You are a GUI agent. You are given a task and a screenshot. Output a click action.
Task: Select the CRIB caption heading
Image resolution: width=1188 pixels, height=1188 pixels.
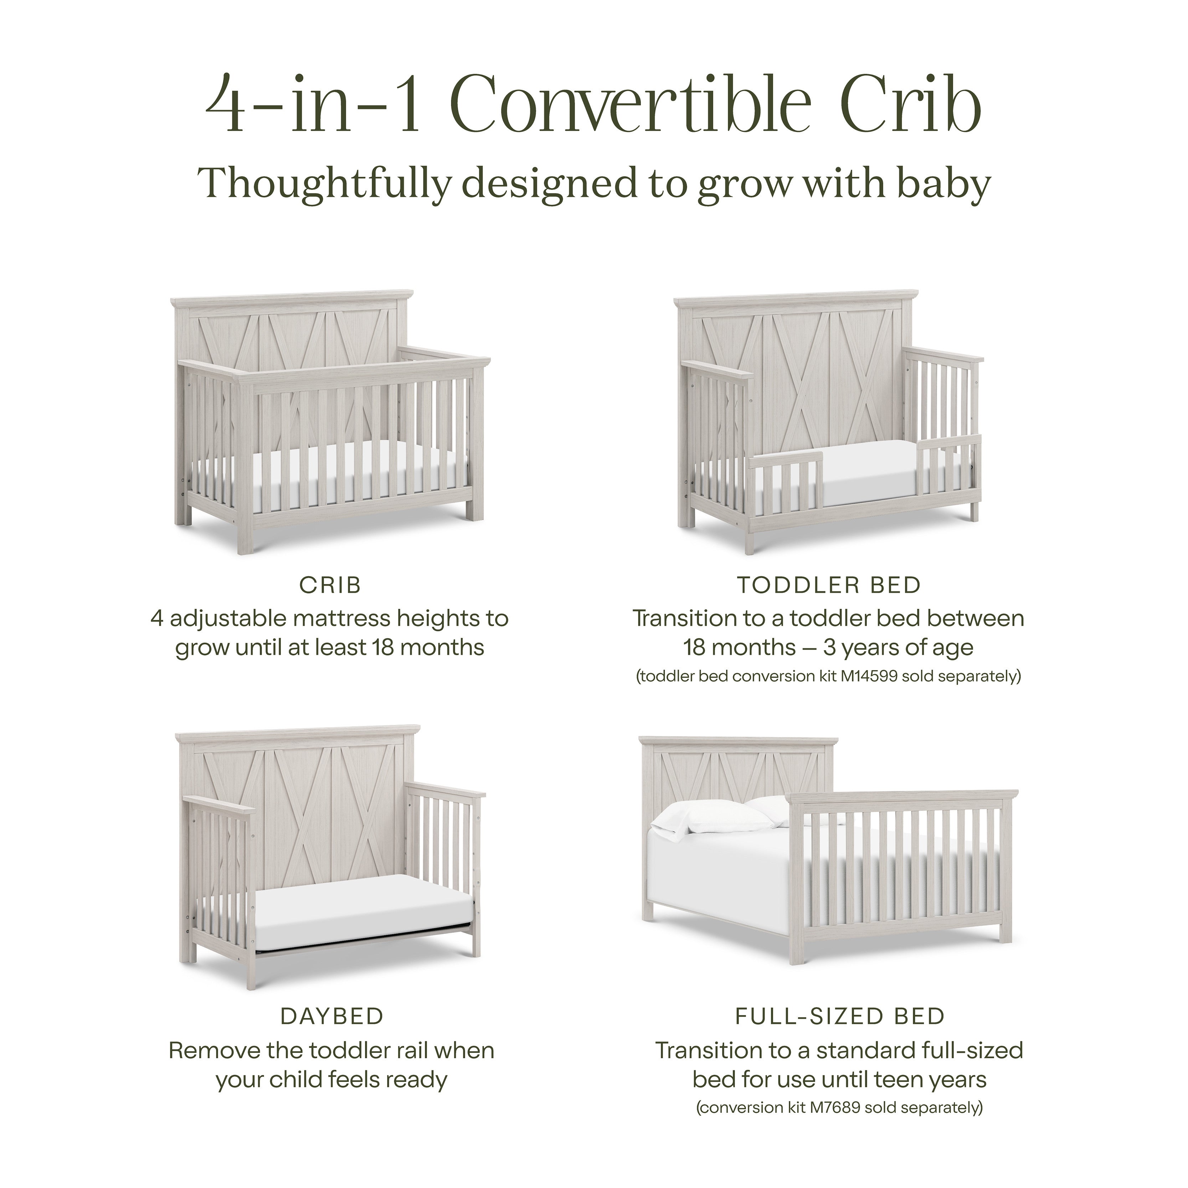tap(330, 585)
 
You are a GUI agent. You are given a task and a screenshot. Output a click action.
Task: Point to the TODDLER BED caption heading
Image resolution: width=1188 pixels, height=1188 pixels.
tap(829, 585)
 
